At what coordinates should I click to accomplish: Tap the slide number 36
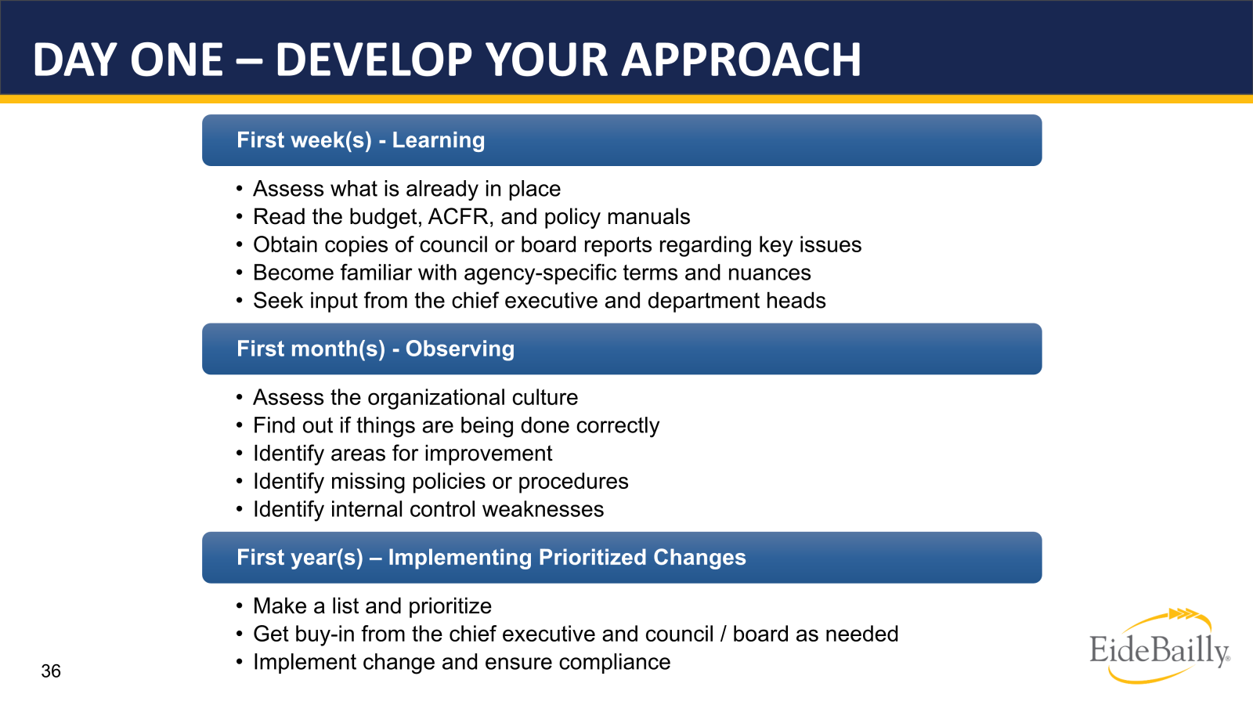coord(51,671)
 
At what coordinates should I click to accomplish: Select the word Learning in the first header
coord(438,140)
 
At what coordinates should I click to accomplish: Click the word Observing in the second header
coord(460,349)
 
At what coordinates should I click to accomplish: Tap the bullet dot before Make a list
coord(240,606)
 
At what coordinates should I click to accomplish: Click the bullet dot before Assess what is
coord(240,189)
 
